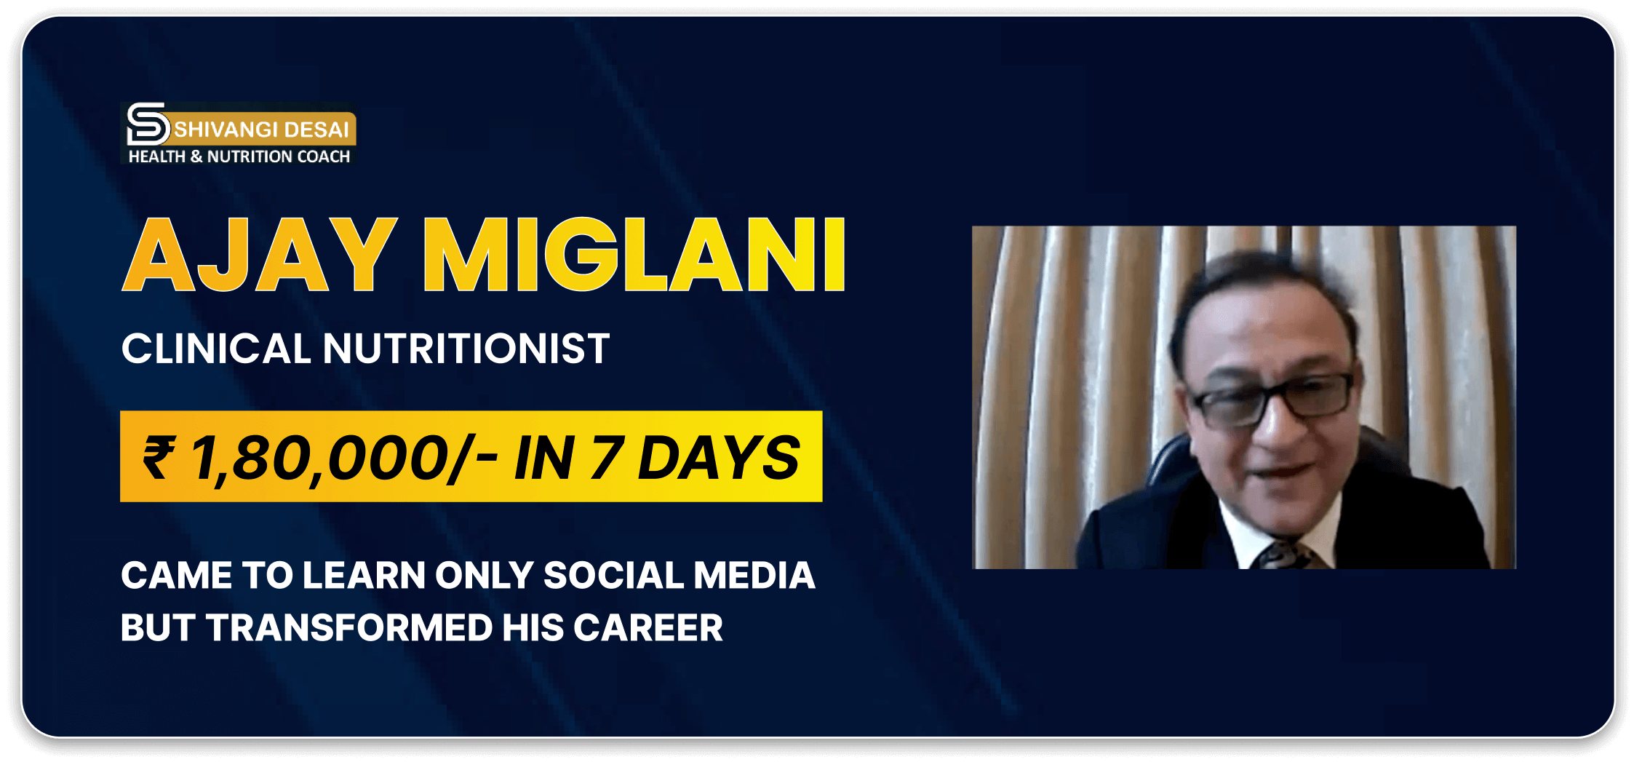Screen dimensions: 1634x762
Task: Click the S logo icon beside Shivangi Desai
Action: pos(148,124)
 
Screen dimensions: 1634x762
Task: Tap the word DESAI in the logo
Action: pos(316,130)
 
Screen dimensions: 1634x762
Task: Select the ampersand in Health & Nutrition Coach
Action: pos(196,156)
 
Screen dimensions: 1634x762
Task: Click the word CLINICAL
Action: pos(216,349)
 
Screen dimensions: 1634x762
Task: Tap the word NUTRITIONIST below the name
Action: pos(466,349)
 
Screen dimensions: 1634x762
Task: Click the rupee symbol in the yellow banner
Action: pos(159,457)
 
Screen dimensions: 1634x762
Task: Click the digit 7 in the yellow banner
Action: pos(606,458)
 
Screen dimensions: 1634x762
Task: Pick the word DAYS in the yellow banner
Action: pos(718,458)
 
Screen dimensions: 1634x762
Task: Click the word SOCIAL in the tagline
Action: pos(613,576)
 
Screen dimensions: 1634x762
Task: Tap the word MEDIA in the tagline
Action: pos(754,576)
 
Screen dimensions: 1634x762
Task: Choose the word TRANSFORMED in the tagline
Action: pos(348,628)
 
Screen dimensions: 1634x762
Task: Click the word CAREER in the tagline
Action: pos(648,628)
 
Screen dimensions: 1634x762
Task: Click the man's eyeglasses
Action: pos(1272,400)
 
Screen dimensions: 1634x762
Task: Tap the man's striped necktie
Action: pos(1286,555)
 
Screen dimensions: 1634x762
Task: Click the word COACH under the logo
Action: pos(324,156)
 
